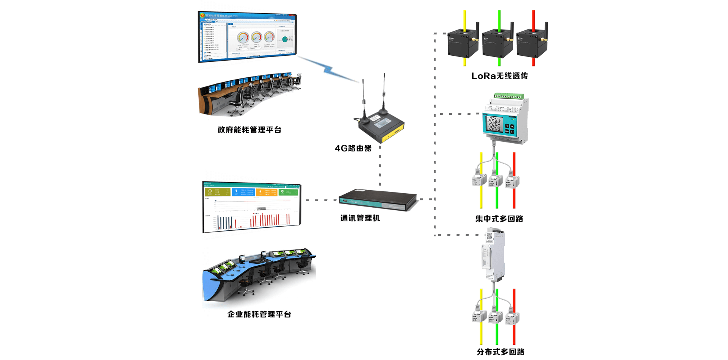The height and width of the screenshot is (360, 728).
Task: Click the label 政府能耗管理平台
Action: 249,130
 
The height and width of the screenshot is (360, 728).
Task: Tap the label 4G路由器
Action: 353,148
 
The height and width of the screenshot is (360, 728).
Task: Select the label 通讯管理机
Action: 360,218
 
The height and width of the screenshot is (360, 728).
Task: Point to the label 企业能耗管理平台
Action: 259,314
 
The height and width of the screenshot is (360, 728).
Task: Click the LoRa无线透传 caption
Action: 499,76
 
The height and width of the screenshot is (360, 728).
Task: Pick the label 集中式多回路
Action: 499,219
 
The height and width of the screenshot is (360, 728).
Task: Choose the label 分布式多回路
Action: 500,352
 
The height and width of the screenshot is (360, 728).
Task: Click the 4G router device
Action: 381,127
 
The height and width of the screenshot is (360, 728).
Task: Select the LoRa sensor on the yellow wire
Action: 463,44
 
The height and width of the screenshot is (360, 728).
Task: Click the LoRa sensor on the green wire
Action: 497,44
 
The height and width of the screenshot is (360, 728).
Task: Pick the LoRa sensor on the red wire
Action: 532,44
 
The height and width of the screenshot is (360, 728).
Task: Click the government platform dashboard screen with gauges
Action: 247,37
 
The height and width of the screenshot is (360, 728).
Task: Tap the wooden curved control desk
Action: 248,95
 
